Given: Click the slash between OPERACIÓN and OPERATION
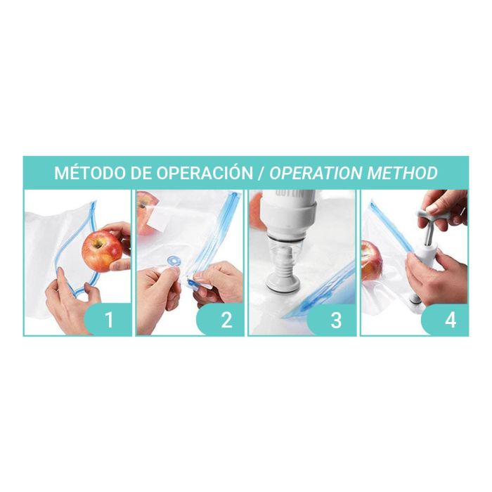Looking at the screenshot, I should pos(261,173).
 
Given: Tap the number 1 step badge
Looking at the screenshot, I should pos(109,320).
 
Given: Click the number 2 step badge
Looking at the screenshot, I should pos(226,320).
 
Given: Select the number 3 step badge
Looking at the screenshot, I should pos(336,320).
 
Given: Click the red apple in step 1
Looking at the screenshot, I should pos(103,249).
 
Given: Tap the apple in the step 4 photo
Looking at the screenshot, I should pos(371,259).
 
